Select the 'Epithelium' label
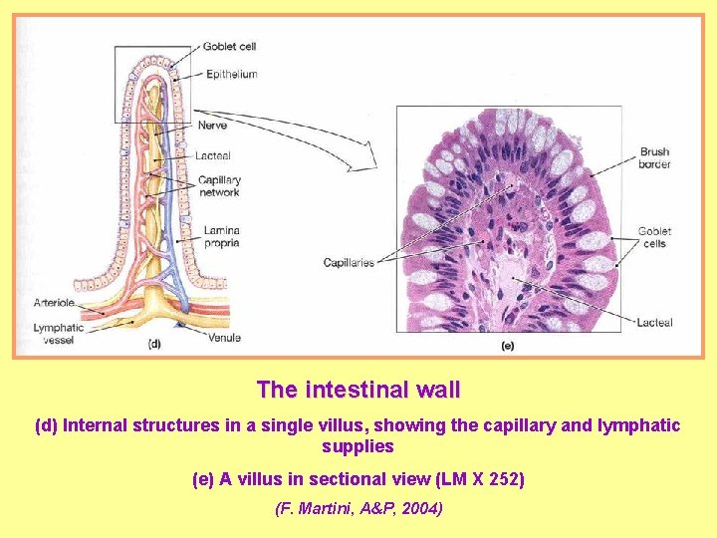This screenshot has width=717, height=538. click(231, 74)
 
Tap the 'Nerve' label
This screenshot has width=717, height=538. click(212, 126)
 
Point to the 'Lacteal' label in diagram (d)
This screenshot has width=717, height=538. click(213, 155)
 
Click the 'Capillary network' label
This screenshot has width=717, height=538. click(219, 186)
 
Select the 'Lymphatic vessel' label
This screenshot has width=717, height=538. click(58, 333)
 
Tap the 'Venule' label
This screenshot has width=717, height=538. click(224, 339)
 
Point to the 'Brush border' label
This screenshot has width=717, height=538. click(655, 157)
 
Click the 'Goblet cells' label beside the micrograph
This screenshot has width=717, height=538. click(655, 237)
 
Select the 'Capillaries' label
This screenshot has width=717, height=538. click(349, 263)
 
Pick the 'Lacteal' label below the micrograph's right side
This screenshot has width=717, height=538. click(655, 322)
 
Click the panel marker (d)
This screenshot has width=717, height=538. click(154, 345)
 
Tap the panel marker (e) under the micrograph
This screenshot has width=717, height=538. click(507, 346)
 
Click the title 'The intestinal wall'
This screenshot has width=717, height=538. click(358, 389)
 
